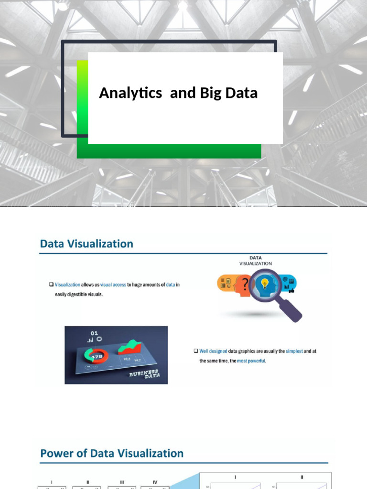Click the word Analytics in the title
(130, 93)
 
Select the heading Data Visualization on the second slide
(86, 244)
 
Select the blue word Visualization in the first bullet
(67, 285)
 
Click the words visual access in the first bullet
(113, 285)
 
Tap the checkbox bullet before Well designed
(196, 351)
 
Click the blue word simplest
(294, 351)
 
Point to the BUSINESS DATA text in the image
(147, 374)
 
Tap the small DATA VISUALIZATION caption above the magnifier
(256, 261)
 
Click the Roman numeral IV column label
(155, 482)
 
